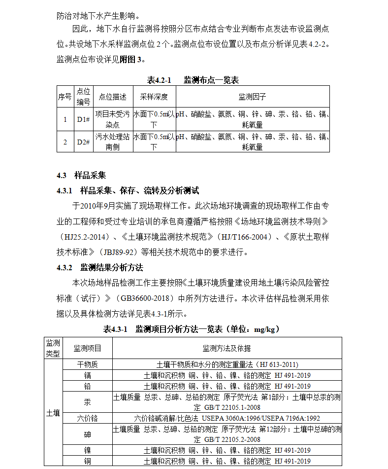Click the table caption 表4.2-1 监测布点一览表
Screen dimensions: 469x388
[193, 80]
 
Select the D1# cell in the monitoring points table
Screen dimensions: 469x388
[83, 119]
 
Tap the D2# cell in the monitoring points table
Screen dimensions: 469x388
[83, 142]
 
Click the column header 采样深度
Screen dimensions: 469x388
[154, 97]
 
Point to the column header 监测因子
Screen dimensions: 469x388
[252, 97]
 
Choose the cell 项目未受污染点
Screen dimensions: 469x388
[112, 119]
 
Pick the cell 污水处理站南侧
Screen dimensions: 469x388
[112, 142]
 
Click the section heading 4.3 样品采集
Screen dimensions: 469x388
[81, 176]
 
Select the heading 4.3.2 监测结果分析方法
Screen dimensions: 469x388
[100, 268]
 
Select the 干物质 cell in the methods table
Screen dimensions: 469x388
[88, 364]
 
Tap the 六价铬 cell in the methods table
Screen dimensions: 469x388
[88, 418]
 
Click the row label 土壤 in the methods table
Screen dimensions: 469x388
[53, 413]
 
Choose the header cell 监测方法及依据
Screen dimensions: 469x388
[226, 348]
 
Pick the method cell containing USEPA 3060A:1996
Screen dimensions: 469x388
[226, 418]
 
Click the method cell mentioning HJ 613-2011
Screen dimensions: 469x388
[226, 364]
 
